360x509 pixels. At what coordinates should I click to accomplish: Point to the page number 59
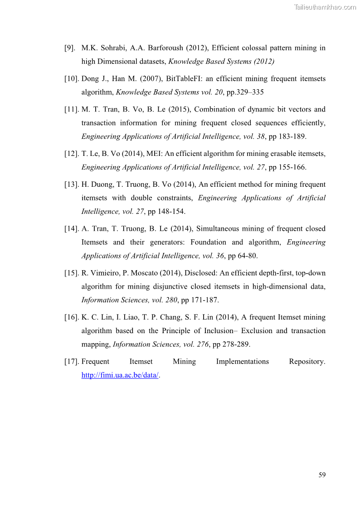pos(322,475)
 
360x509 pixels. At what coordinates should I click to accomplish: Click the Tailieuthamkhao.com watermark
pos(325,7)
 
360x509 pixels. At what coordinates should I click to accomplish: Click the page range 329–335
pos(252,92)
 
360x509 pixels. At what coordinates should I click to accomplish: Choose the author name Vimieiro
pos(107,273)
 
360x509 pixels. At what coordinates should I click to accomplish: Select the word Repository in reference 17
pos(307,361)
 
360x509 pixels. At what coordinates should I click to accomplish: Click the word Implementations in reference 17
pos(243,361)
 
